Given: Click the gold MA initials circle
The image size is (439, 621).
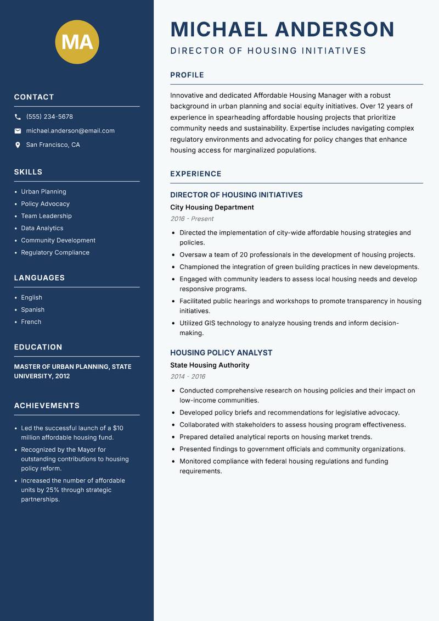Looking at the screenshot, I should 77,42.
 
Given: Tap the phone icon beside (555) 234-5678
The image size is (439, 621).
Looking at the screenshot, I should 18,117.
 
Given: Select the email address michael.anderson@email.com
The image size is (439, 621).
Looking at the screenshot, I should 70,131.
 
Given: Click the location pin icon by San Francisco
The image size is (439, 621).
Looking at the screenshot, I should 18,145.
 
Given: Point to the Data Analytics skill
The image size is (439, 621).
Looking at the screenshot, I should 42,228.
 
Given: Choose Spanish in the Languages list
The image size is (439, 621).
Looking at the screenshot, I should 33,309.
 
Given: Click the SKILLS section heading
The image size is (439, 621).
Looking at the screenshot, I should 28,172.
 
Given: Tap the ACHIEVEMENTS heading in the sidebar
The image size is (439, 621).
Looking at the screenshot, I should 47,406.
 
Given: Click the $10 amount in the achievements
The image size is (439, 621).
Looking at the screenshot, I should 118,428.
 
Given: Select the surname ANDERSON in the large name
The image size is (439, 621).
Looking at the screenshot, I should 335,29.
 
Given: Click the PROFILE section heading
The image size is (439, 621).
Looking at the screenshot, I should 187,75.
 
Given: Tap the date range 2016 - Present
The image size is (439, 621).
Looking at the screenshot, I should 192,219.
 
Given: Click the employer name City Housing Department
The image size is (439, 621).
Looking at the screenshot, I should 212,207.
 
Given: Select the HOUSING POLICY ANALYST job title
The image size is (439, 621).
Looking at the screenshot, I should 221,353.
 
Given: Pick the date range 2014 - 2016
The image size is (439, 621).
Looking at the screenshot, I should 188,376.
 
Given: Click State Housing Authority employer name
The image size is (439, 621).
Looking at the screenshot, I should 210,365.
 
